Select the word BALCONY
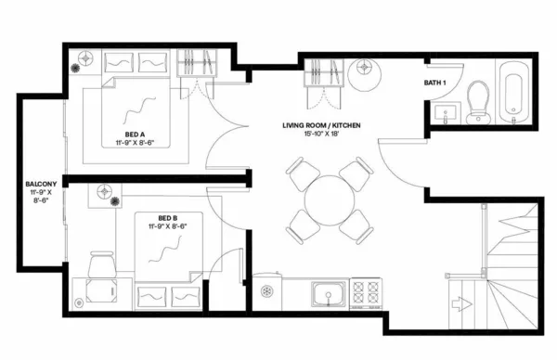[43, 185]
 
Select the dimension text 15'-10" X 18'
[320, 135]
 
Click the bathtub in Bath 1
[512, 95]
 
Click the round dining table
[326, 199]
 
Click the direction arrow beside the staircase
[460, 302]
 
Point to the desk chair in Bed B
[100, 266]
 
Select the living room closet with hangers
[323, 71]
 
